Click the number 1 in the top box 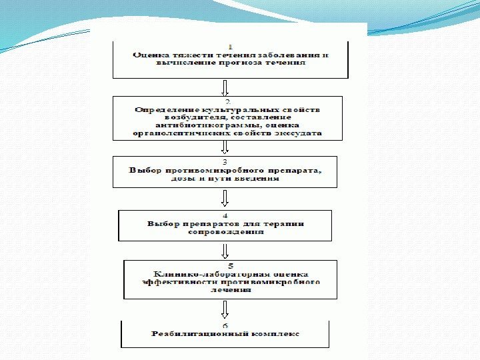click(x=230, y=46)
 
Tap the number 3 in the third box click(x=225, y=161)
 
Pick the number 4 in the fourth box click(x=225, y=215)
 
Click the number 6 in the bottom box click(x=225, y=325)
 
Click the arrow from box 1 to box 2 click(x=225, y=87)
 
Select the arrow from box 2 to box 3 click(x=225, y=147)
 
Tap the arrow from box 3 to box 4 click(x=225, y=198)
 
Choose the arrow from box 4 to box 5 click(x=225, y=250)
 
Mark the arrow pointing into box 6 click(x=225, y=309)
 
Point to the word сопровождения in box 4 click(x=225, y=231)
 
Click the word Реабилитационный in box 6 click(x=192, y=333)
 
